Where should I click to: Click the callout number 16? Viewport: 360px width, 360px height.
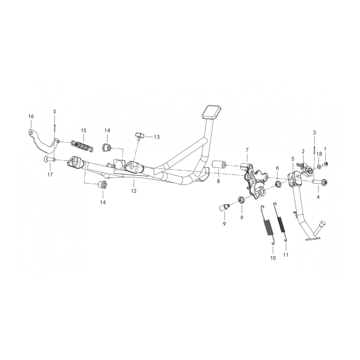coord(31,117)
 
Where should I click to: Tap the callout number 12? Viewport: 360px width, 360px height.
coord(134,191)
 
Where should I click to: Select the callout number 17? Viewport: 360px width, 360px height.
coord(50,175)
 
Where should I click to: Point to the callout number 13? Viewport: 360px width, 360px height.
coord(157,137)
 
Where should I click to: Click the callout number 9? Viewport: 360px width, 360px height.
coord(224,224)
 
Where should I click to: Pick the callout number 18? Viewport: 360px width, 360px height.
coord(319,154)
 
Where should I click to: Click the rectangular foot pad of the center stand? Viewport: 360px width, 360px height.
coord(211,112)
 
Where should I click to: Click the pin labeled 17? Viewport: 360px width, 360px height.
coord(50,159)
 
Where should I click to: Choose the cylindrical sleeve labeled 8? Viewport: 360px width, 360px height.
coord(219,165)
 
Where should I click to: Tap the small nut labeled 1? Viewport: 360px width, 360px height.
coord(325,164)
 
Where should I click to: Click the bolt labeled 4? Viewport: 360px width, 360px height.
coord(319,182)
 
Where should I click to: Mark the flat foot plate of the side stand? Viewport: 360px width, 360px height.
coord(312,239)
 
